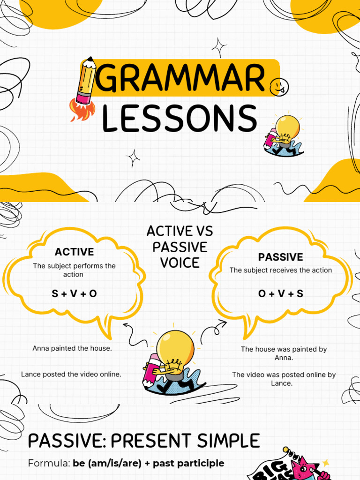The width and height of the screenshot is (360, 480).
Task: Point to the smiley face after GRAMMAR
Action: (279, 87)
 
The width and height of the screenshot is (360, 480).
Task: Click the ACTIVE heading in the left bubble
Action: (74, 252)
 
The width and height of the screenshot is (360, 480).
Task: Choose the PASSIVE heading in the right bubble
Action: (280, 257)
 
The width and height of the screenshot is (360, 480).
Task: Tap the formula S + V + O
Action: (74, 294)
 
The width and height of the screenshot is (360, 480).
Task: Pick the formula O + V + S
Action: (280, 294)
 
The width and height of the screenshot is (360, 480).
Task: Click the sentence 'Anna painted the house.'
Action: (72, 348)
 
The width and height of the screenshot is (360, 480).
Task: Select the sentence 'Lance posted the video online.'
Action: (71, 374)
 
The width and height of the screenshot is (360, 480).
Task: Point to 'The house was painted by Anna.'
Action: (284, 353)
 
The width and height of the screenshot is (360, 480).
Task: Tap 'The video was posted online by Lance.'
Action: (284, 379)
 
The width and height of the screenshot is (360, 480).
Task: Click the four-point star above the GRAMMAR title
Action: (218, 47)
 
